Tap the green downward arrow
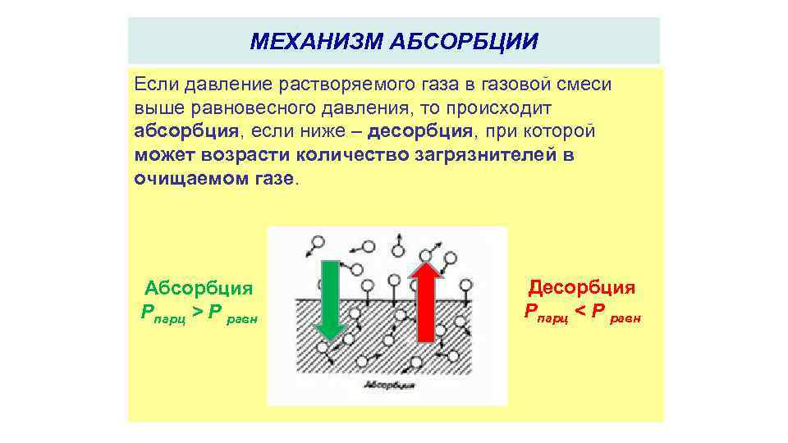pos(330,300)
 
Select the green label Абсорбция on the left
pos(198,288)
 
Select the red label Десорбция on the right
pos(581,287)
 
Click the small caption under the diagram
pos(387,385)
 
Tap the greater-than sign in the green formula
pos(198,312)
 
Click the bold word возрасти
pos(234,155)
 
